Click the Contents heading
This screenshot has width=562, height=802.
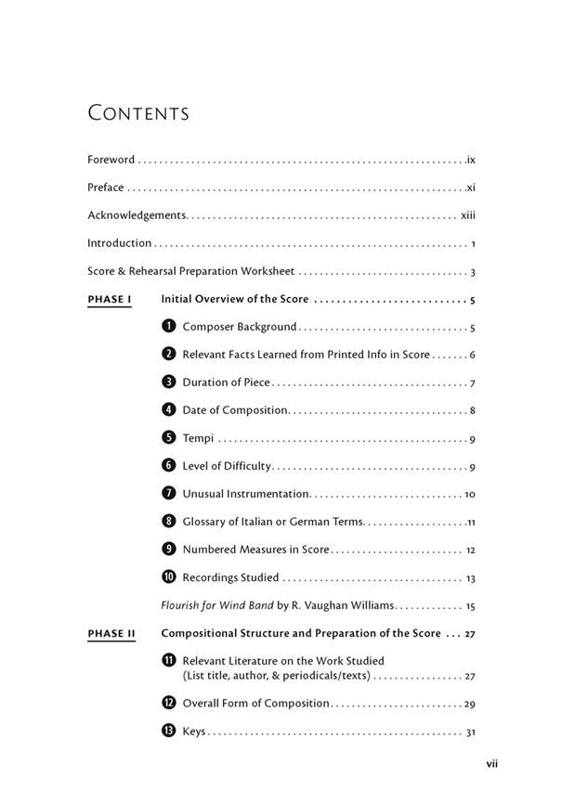click(x=138, y=113)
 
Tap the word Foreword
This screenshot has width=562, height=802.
click(x=111, y=160)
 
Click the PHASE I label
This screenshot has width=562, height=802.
click(x=110, y=300)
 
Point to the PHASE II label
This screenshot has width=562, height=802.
click(x=111, y=634)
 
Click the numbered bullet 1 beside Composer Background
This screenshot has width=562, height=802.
click(x=168, y=327)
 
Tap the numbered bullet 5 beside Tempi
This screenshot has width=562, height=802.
click(x=168, y=438)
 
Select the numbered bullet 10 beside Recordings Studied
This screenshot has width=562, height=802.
click(x=168, y=577)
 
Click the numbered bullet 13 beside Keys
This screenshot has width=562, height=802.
click(x=168, y=731)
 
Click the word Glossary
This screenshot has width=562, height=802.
click(x=205, y=522)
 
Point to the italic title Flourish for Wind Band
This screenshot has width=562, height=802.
click(x=217, y=605)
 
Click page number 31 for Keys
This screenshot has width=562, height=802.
click(x=470, y=732)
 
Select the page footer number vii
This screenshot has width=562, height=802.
click(x=492, y=764)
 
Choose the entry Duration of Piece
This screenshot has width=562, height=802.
click(x=226, y=382)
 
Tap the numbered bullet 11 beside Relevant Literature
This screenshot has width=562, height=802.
click(x=168, y=661)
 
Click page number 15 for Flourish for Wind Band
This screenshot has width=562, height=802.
click(x=470, y=606)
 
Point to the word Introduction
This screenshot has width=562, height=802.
click(x=119, y=243)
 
